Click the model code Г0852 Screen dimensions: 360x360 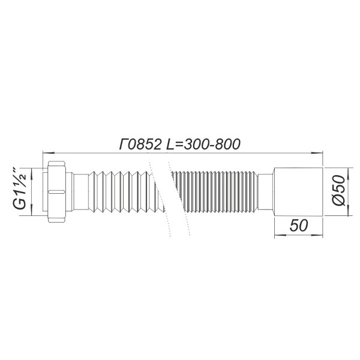[x=139, y=144]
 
